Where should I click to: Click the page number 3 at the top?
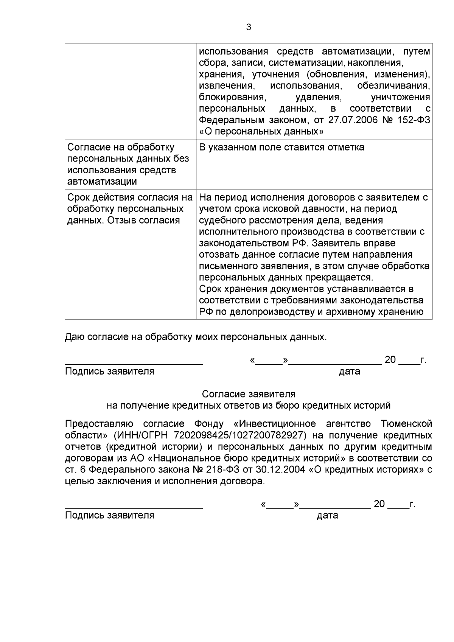[249, 27]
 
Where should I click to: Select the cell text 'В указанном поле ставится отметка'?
[281, 147]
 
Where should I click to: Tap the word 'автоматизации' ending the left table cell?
[102, 182]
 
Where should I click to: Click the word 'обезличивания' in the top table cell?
[393, 85]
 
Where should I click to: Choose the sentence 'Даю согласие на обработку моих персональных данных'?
[196, 337]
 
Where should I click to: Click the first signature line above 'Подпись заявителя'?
[134, 363]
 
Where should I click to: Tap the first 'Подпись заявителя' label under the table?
[110, 371]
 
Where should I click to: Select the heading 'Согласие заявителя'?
[249, 394]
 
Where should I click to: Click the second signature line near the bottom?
[134, 507]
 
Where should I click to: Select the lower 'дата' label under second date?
[327, 515]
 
